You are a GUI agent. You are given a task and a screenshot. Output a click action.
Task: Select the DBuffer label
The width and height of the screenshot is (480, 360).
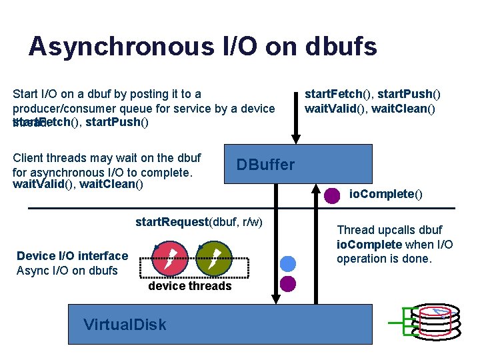tap(265, 165)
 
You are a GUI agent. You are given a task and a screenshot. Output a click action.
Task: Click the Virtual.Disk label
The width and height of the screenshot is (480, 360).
tap(125, 325)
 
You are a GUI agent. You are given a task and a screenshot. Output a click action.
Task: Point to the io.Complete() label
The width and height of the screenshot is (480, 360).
tap(386, 195)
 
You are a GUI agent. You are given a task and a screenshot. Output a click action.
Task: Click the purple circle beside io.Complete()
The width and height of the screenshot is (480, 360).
tap(332, 196)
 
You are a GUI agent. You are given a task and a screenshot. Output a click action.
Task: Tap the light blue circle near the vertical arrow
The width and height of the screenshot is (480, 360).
tap(287, 263)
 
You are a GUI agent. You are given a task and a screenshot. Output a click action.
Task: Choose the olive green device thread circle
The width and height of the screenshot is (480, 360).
tap(213, 258)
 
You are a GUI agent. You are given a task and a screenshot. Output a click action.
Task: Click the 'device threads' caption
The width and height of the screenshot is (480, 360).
tap(189, 286)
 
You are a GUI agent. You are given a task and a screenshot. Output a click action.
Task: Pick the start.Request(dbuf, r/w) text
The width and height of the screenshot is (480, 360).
tap(199, 221)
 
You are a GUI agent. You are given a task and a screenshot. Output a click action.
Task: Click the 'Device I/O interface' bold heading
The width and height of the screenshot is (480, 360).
tap(72, 256)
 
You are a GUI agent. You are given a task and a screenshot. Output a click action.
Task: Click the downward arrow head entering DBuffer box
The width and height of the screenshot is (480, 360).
tap(296, 138)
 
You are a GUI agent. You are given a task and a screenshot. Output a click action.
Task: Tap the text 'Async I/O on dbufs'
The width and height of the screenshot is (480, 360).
tap(67, 271)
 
